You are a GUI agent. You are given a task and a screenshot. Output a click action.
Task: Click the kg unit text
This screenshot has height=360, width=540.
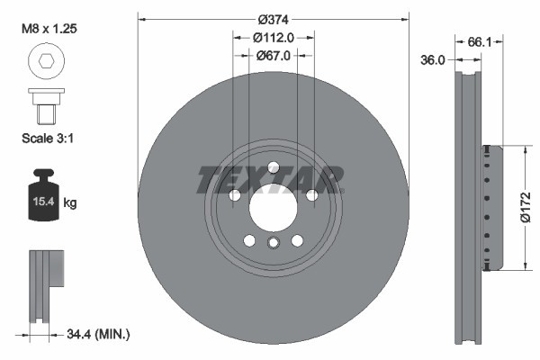(70, 203)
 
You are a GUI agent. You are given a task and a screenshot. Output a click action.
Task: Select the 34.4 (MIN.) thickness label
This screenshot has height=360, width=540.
(99, 334)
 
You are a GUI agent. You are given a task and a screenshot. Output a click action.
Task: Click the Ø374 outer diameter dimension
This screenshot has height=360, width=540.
(274, 19)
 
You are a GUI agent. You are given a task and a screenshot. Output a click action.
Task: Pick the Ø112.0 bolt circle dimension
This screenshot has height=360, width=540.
(274, 38)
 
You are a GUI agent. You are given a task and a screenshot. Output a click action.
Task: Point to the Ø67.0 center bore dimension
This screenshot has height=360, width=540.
(274, 55)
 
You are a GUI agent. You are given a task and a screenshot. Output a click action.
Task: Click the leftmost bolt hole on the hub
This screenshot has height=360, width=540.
(234, 195)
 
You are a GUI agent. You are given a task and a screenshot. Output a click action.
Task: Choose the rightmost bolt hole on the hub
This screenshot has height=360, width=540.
(311, 195)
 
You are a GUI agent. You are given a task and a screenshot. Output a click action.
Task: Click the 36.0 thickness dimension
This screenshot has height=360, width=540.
(435, 60)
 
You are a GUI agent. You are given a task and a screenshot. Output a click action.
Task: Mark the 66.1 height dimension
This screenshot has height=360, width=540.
(481, 41)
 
